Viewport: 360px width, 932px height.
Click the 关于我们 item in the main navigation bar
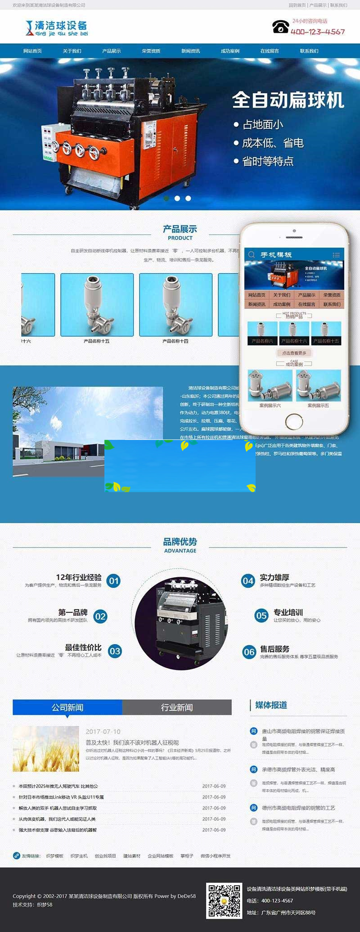coord(72,51)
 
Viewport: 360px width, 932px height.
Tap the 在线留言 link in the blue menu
coord(270,51)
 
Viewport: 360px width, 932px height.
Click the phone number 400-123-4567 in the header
coord(318,32)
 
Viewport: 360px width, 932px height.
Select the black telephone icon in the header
coord(280,27)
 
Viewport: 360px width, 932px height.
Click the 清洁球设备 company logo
coord(57,28)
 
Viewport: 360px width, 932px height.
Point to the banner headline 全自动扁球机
coord(288,100)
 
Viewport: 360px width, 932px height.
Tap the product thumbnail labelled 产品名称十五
coord(97,305)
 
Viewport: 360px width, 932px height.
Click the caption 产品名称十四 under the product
coord(175,341)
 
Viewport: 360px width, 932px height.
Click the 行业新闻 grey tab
coord(177,707)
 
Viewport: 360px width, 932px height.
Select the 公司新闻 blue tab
coord(67,707)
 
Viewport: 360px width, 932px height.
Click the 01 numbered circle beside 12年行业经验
coord(114,581)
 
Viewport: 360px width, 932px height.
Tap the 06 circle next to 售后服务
coord(249,652)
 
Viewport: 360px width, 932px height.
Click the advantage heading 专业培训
coord(288,612)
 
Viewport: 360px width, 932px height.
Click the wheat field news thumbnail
coord(46,749)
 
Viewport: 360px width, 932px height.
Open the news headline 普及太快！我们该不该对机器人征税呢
coord(132,742)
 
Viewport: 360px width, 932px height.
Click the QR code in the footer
coord(224,900)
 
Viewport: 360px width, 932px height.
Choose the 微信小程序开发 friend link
coord(216,856)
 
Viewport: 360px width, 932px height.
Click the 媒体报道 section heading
coord(271,705)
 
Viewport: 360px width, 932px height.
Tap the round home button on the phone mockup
coord(294,421)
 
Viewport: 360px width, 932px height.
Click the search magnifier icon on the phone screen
coord(252,254)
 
